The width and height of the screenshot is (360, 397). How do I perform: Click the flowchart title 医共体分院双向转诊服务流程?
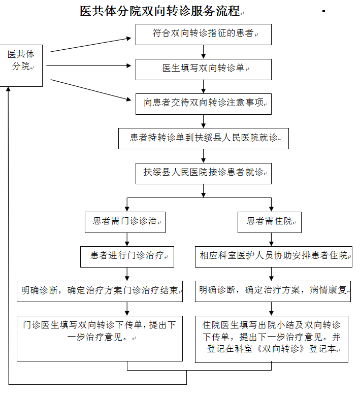coord(160,11)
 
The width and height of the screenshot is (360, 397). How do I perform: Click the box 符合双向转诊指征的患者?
coord(203,34)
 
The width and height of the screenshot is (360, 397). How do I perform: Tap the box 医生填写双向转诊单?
coord(203,69)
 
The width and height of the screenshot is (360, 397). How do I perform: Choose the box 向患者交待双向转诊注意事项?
coord(203,104)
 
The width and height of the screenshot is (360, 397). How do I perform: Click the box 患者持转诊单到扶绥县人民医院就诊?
coord(203,138)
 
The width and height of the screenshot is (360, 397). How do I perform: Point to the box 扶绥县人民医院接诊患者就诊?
coord(203,173)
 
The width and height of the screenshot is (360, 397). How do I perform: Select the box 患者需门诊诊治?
coord(126,222)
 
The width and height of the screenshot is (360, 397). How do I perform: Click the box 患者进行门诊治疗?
coord(127,256)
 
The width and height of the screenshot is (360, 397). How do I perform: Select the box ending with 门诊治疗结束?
coord(100,291)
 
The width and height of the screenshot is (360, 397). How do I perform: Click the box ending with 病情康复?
coord(273,291)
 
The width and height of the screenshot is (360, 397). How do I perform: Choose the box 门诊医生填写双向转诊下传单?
coord(100,338)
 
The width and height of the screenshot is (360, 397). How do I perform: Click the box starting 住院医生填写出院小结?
coord(272,339)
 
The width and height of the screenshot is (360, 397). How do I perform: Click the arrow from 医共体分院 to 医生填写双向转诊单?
coord(89,65)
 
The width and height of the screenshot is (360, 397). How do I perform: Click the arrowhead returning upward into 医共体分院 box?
coord(9,90)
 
